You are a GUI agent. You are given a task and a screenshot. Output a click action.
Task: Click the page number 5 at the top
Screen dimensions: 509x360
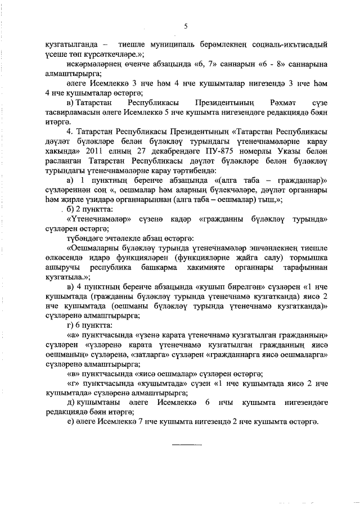point(184,25)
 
